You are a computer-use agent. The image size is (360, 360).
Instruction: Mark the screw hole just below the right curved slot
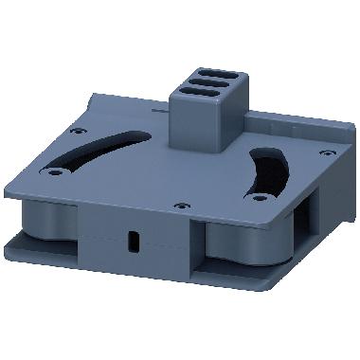(257, 197)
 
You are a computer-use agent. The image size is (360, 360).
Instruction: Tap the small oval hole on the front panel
(133, 242)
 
